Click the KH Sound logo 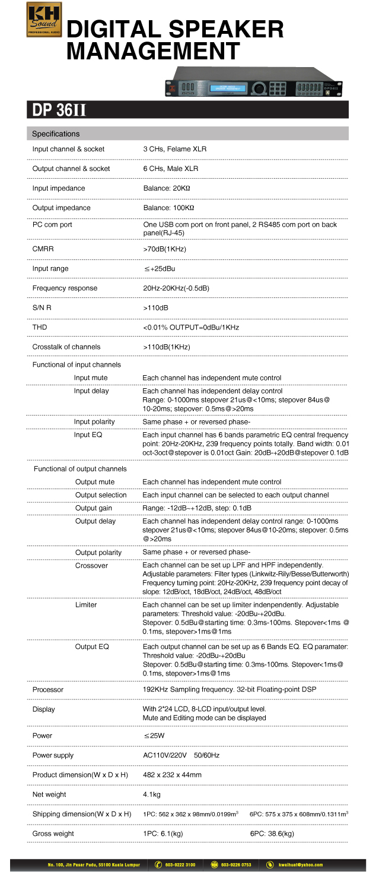coord(44,20)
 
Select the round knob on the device coord(258,88)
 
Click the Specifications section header coord(56,134)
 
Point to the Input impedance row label coord(59,188)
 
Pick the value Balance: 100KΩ coord(168,208)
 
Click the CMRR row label coord(43,249)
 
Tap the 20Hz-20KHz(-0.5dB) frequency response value coord(176,288)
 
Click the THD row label coord(40,327)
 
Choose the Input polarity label coord(94,421)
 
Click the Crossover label coord(91,566)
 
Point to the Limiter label coord(86,604)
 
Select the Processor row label coord(48,690)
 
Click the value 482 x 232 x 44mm coord(173,775)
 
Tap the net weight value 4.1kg coord(152,794)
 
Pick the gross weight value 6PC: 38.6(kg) coord(272,833)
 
